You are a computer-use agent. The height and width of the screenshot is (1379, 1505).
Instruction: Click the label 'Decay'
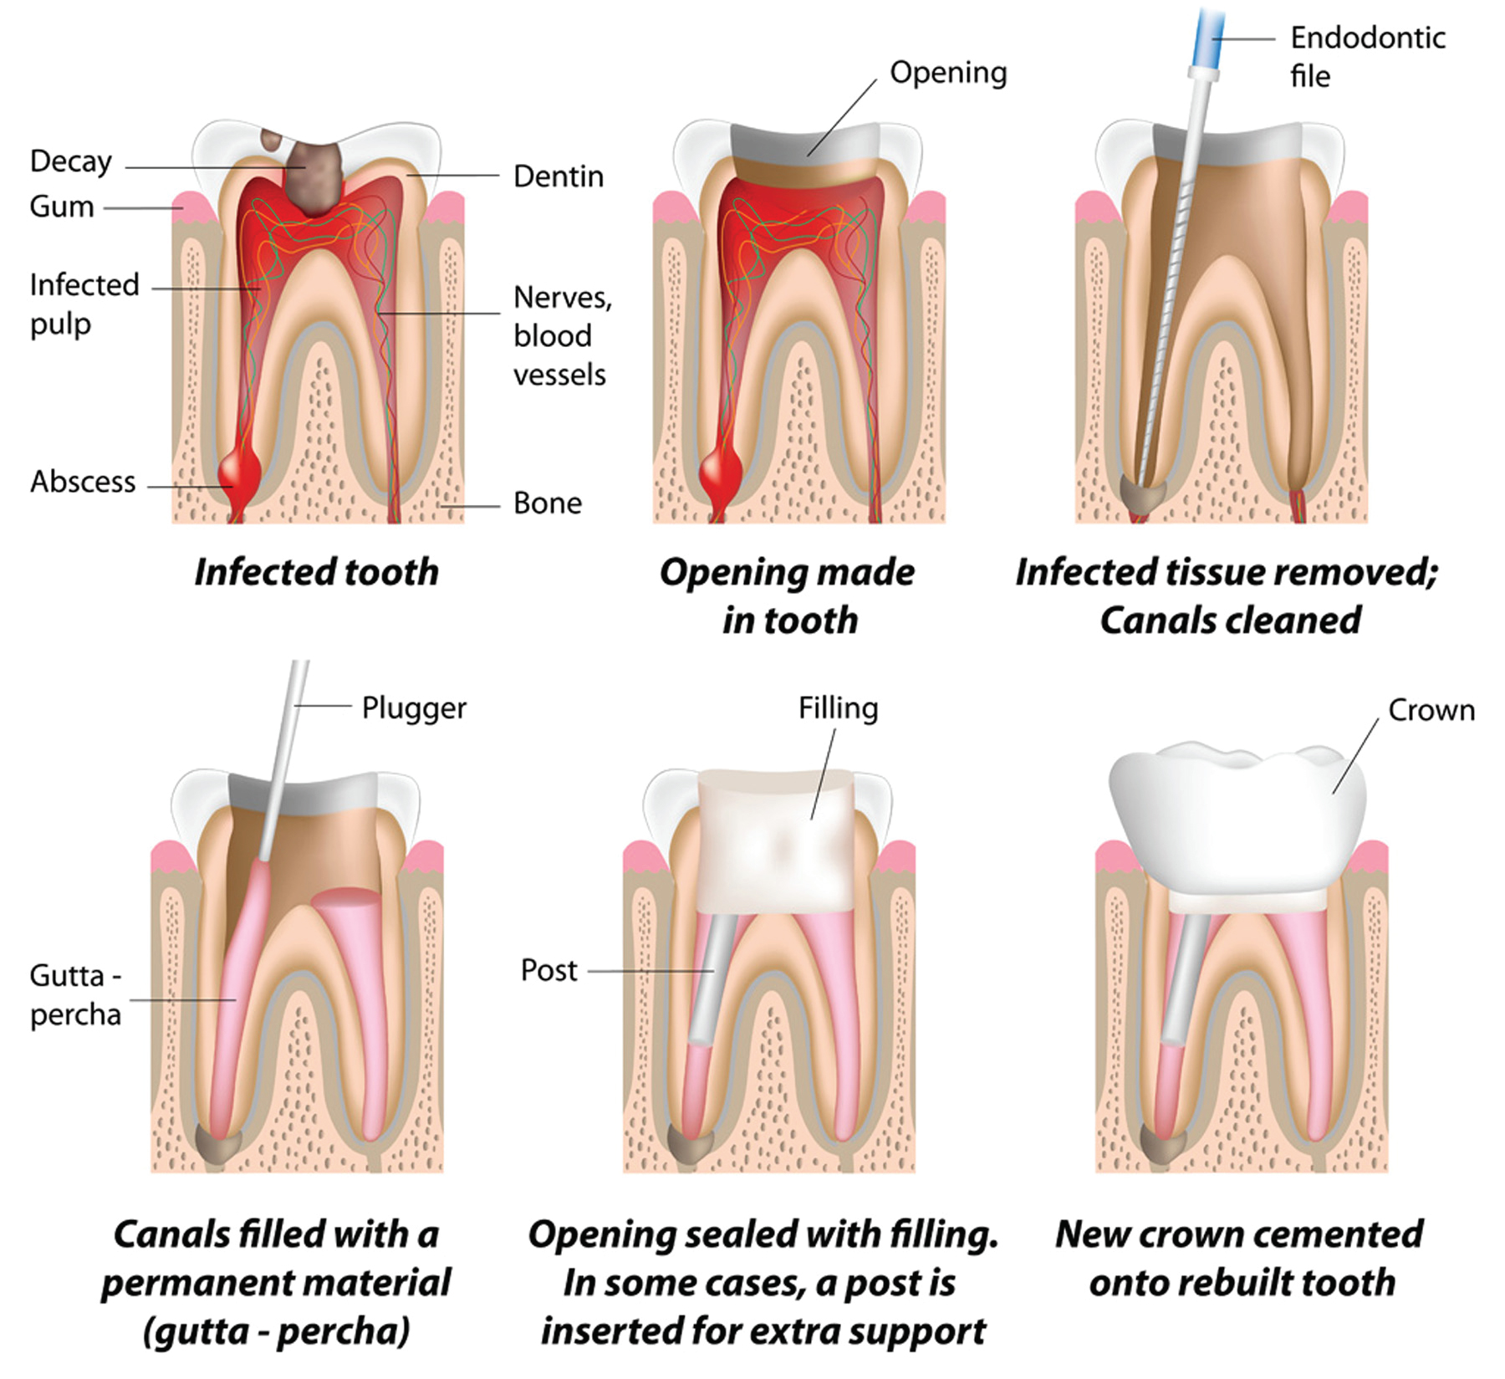71,161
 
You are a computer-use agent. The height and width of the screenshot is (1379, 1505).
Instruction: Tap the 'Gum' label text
62,207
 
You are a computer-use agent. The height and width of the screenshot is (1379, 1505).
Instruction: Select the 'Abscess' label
83,482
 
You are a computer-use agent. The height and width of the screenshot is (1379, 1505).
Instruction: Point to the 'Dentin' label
559,176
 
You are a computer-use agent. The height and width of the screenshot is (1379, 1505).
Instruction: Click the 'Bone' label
548,503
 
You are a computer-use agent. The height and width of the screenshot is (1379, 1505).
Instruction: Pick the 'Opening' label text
948,74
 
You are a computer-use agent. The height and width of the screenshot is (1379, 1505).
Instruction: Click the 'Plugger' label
414,709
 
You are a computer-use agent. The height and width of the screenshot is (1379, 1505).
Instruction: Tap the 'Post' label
548,970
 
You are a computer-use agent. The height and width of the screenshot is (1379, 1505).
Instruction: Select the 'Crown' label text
1431,710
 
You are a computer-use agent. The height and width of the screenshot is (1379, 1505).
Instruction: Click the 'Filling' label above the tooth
838,709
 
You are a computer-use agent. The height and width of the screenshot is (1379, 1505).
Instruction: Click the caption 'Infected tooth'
317,572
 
